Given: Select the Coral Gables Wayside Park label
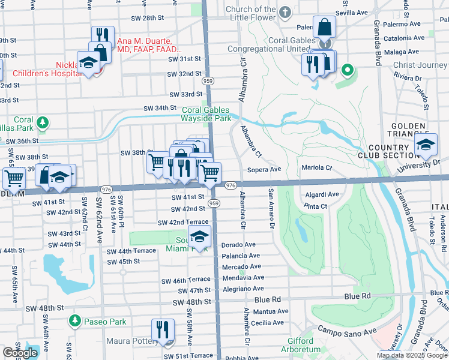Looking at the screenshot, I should (x=206, y=114).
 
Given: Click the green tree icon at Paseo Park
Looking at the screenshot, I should (x=75, y=322).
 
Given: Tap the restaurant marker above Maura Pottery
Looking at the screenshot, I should (x=163, y=330).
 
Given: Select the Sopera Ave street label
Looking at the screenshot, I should (x=264, y=170).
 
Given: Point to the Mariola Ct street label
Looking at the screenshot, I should (x=316, y=168).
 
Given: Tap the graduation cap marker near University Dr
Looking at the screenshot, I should (x=426, y=146).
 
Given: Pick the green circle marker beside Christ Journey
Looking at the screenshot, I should (x=347, y=71).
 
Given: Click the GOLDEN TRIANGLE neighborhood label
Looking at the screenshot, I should (x=408, y=131).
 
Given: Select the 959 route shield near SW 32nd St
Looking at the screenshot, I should (x=208, y=80).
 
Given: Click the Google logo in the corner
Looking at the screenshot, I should (x=20, y=353).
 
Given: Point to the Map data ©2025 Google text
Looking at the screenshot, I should (x=412, y=355).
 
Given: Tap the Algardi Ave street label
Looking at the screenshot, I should (x=322, y=194).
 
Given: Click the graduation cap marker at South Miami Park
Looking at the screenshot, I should (x=200, y=238).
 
